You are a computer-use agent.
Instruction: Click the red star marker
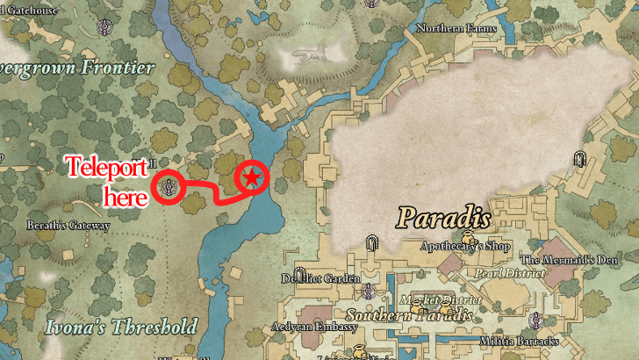pos(252,178)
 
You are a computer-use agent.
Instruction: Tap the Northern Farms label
pos(456,29)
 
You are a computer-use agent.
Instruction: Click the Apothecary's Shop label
pos(465,247)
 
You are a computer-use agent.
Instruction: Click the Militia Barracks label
pos(520,340)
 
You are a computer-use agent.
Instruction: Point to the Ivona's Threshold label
pos(118,328)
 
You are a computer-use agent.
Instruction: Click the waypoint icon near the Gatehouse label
pos(104,27)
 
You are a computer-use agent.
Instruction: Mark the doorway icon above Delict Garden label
pos(304,272)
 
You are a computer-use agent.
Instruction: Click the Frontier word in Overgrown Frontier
pos(118,67)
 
